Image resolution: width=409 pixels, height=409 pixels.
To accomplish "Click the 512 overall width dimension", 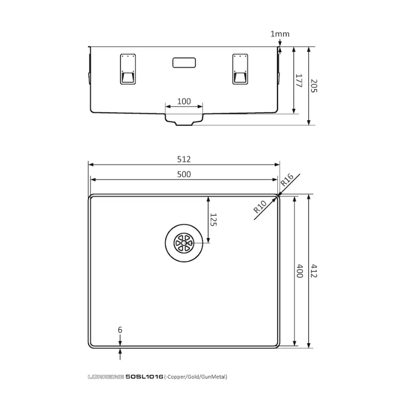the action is pyautogui.click(x=184, y=159).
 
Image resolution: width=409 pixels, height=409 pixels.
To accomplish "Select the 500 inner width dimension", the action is pyautogui.click(x=184, y=174).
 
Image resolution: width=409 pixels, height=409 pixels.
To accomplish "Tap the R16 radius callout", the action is pyautogui.click(x=287, y=179).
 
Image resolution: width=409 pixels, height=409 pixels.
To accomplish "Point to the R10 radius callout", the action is pyautogui.click(x=260, y=207).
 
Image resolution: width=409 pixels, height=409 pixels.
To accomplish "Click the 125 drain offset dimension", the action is pyautogui.click(x=214, y=219).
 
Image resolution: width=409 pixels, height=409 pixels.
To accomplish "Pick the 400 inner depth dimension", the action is pyautogui.click(x=300, y=271).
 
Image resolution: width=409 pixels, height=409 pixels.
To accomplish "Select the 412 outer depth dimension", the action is pyautogui.click(x=314, y=271).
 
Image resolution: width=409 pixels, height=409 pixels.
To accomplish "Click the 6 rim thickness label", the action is pyautogui.click(x=120, y=330).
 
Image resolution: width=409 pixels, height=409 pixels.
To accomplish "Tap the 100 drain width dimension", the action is pyautogui.click(x=184, y=101).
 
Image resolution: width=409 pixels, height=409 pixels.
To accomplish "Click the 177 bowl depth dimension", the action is pyautogui.click(x=299, y=80).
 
